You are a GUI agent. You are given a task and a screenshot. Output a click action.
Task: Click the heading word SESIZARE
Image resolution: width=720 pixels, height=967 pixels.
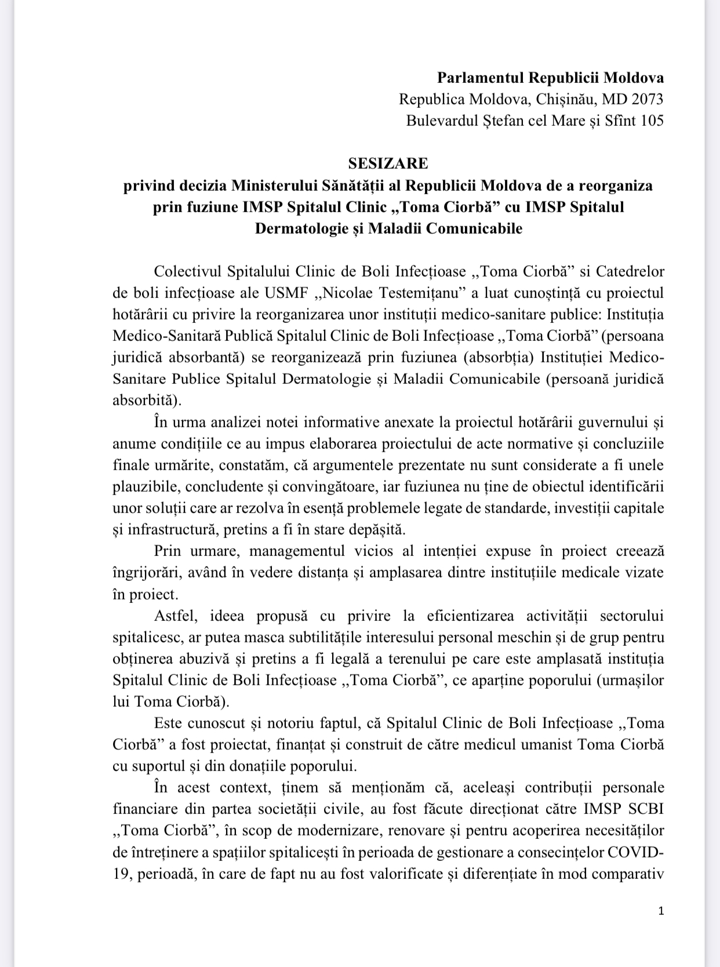point(388,163)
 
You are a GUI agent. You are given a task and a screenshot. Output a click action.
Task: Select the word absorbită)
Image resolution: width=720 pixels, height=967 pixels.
point(147,400)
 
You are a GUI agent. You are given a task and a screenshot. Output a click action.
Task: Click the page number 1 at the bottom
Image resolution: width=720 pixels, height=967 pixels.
point(661,911)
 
